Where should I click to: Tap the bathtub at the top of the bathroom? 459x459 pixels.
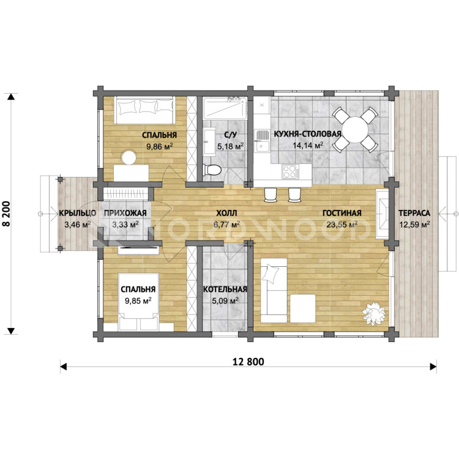tap(225, 108)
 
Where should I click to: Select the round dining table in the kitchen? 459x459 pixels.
tap(355, 129)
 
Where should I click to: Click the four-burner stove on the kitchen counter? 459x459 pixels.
tap(290, 171)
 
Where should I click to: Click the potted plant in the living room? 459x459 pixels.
tap(374, 313)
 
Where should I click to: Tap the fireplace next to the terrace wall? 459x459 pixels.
tap(382, 213)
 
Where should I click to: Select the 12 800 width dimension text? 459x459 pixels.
tap(248, 362)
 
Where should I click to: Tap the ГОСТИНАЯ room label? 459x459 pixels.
tap(342, 213)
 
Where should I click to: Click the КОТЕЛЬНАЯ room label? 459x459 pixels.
tap(225, 289)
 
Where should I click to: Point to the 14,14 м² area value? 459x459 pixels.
tap(308, 146)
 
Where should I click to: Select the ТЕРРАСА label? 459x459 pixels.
tap(414, 213)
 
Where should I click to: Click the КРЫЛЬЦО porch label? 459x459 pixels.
tap(78, 213)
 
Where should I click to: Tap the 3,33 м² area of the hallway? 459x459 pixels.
tap(125, 225)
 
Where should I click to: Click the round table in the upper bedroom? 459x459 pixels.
tap(129, 157)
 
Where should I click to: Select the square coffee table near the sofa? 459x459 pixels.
tap(303, 308)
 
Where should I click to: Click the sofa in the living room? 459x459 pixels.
tap(274, 290)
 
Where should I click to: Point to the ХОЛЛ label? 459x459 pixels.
tap(226, 213)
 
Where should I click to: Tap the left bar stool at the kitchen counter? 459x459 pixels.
tap(271, 195)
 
